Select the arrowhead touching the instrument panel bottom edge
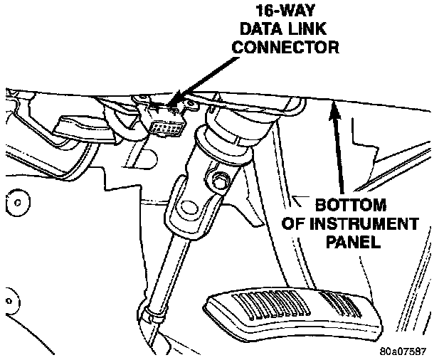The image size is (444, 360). [331, 107]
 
